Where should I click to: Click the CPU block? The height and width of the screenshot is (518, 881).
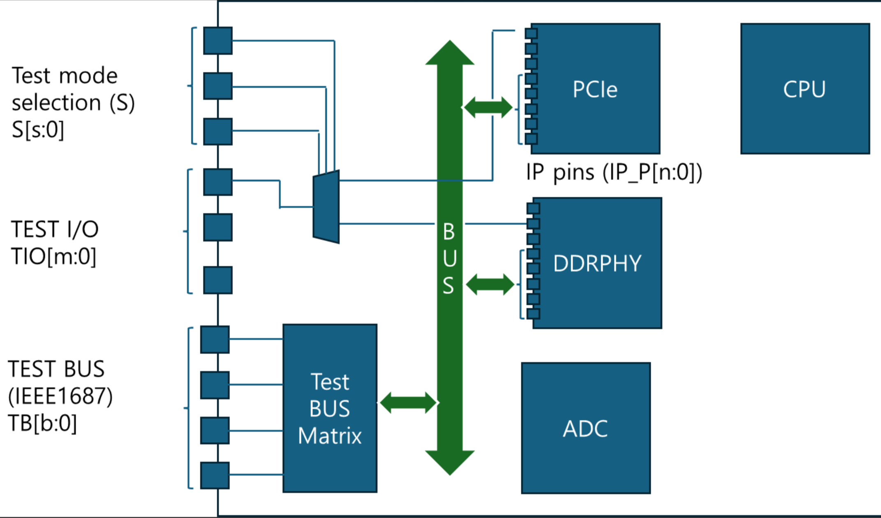(x=805, y=89)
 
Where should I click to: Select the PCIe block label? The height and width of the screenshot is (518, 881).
(x=595, y=89)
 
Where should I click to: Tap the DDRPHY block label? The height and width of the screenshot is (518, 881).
(x=597, y=263)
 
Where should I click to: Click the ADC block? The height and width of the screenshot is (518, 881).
(x=586, y=428)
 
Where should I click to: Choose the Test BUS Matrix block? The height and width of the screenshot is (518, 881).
(x=330, y=408)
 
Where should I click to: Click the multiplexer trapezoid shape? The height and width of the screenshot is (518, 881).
(x=326, y=207)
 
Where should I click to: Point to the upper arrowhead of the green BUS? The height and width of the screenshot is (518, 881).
(x=450, y=52)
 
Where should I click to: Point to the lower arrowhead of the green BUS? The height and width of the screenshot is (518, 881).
(x=450, y=463)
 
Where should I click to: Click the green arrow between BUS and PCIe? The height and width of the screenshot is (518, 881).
(x=488, y=107)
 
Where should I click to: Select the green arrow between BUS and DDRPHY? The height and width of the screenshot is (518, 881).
(x=490, y=285)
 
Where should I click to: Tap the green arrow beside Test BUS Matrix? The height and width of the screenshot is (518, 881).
(x=408, y=403)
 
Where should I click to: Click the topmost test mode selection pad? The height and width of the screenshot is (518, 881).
(x=218, y=41)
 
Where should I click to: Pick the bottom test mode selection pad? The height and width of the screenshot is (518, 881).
(x=218, y=131)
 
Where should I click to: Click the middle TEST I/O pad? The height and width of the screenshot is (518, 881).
(x=218, y=227)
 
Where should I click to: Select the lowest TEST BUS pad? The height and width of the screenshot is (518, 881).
(x=215, y=475)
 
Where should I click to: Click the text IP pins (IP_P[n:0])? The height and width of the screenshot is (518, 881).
(x=614, y=173)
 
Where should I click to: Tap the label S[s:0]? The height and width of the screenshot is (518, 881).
(x=38, y=130)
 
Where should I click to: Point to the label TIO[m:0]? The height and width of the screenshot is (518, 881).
(x=53, y=257)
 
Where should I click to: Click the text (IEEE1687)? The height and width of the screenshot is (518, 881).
(x=60, y=396)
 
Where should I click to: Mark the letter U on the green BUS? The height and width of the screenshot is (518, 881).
(x=450, y=259)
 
